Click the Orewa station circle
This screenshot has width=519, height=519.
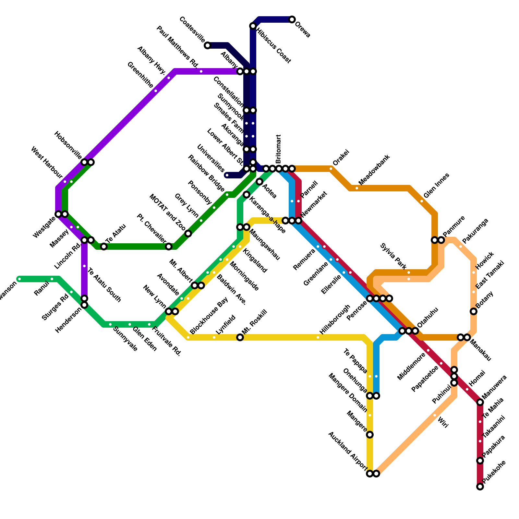coord(292,19)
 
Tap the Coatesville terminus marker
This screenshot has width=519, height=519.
coord(208,45)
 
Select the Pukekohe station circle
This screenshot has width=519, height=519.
coord(480,487)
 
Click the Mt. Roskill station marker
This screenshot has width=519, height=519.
coord(240,337)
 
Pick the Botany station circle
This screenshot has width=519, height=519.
coord(474,311)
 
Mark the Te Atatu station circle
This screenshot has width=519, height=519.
coord(104,247)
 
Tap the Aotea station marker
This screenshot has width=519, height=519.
coord(259,182)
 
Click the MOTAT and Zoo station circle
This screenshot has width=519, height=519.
coord(188,234)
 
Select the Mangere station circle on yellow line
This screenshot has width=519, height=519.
coord(370,435)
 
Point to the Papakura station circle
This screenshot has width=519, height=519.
coord(480,461)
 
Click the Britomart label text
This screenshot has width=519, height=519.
coord(278,149)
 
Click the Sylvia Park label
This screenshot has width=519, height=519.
coord(393,256)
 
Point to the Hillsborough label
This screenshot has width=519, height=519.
coord(335,320)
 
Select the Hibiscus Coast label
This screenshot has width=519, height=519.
coord(273,45)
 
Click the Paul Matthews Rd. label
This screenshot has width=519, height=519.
coord(177,47)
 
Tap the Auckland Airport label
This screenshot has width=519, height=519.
coord(348,451)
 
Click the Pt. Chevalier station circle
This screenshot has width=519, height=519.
coord(169,247)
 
